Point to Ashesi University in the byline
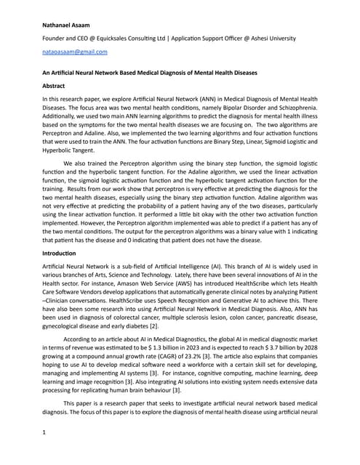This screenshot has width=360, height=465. click(x=287, y=38)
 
